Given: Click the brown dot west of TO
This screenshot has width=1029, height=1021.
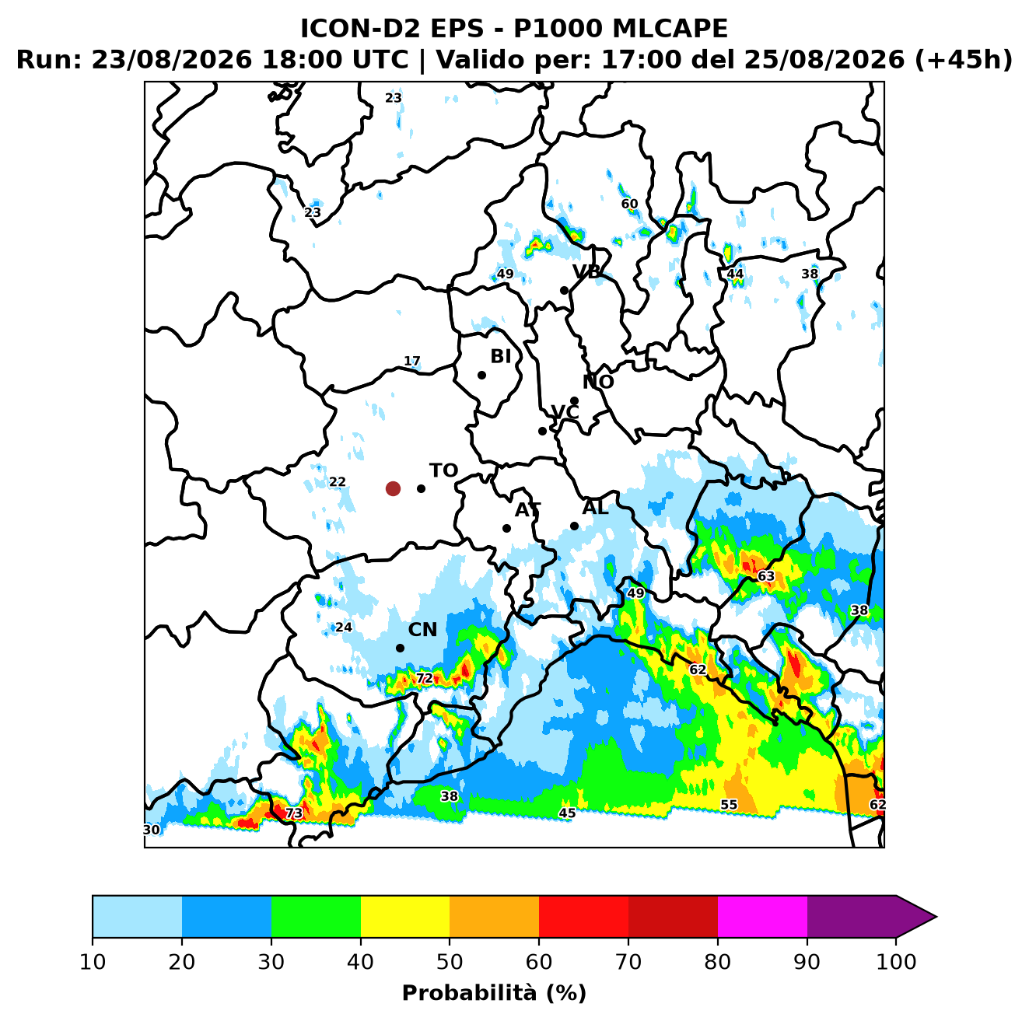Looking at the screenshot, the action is pos(393,488).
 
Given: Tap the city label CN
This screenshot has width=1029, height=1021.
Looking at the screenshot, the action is pos(422,630).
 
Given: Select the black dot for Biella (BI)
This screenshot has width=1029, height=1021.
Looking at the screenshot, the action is pos(481,375).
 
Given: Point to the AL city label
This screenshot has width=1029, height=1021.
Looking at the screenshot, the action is pos(595,507).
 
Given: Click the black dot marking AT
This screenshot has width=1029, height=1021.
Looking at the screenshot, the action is pos(506,528).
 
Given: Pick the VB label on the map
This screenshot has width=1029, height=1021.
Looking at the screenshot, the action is pos(586,272).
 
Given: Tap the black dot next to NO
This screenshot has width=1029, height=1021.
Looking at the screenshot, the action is pos(574,400).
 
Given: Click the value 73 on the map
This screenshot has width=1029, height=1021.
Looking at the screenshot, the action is pos(293,813).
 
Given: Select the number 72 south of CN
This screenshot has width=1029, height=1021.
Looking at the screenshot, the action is pos(424,678).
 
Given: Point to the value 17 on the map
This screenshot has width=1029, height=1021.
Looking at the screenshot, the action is pos(411,361).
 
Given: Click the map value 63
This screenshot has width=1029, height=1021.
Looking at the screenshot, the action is pos(766,576).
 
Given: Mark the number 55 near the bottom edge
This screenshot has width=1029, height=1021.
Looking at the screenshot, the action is pos(729,805).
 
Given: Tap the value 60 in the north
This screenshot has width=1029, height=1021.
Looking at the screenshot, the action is pos(629,204).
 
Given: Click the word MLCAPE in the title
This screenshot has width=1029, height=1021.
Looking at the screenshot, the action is pos(670,29).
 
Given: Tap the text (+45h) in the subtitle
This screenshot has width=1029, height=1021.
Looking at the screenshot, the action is pos(964,60).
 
